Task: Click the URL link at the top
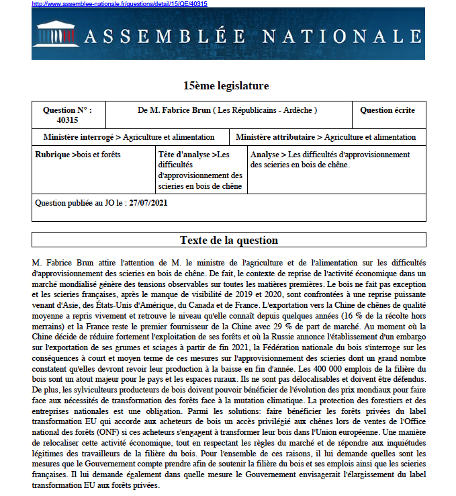120,4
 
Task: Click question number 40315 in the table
67,120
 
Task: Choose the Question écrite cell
387,110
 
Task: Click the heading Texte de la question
228,241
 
